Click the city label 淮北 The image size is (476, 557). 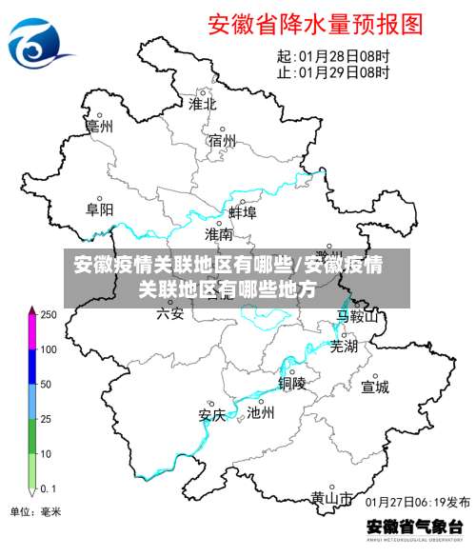click(x=203, y=103)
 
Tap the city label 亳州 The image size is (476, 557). click(x=99, y=125)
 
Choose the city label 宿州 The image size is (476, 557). click(x=222, y=141)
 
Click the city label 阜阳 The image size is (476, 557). click(x=100, y=209)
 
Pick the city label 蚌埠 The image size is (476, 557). click(x=243, y=211)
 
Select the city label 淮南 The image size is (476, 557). click(x=219, y=233)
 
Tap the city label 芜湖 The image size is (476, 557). click(x=344, y=347)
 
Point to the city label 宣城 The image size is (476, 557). click(x=375, y=387)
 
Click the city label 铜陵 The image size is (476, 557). click(x=292, y=383)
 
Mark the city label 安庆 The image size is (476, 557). click(x=211, y=414)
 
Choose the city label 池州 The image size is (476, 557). click(x=260, y=412)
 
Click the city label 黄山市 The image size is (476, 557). click(x=331, y=498)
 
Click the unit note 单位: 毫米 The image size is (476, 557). click(x=35, y=512)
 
